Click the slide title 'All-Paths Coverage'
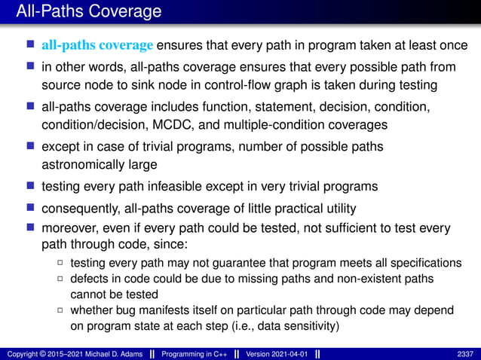pyautogui.click(x=83, y=11)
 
